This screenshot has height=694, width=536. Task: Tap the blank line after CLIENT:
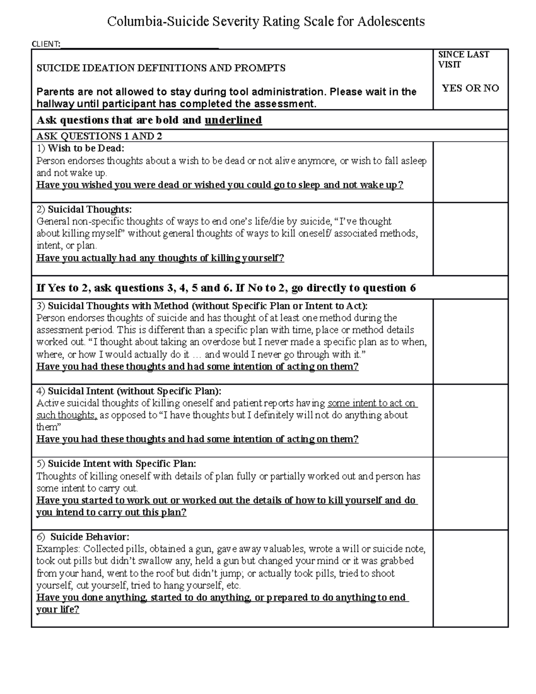point(139,44)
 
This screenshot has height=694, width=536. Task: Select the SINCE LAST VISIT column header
point(463,59)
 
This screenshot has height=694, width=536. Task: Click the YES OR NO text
point(470,88)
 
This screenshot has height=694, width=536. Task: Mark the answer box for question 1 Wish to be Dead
point(470,172)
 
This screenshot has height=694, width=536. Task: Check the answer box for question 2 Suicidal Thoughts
point(470,239)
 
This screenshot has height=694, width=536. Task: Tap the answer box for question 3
point(470,341)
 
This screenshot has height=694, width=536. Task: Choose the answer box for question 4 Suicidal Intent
point(470,421)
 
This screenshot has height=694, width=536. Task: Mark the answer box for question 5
point(470,493)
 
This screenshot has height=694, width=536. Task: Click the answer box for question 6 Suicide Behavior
point(470,578)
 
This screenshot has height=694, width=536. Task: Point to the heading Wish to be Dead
point(86,148)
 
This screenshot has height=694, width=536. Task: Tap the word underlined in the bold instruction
point(233,120)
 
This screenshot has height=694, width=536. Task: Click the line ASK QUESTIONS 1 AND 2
point(99,136)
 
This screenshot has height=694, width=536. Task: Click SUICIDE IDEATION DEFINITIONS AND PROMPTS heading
point(161,68)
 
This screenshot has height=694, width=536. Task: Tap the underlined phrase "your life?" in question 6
point(58,610)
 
